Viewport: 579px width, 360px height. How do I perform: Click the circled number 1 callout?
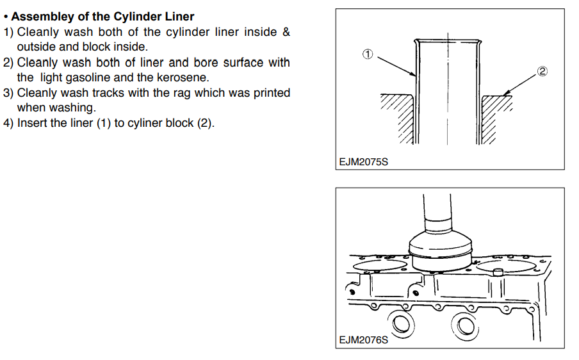[368, 54]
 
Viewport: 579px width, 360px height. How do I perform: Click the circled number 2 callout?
[542, 72]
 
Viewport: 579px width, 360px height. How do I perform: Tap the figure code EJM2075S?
[364, 162]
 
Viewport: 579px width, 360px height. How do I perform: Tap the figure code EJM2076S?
[364, 340]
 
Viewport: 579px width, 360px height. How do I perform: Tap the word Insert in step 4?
[31, 123]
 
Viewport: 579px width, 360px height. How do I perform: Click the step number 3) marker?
[8, 93]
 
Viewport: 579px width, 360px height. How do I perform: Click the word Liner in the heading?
[180, 17]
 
